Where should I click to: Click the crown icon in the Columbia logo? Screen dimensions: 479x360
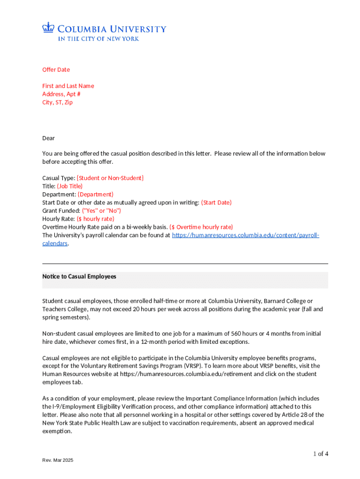point(49,28)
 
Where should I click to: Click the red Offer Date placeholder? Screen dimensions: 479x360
point(56,70)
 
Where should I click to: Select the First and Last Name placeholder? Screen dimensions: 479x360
point(68,86)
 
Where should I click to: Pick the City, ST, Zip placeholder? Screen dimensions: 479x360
point(58,102)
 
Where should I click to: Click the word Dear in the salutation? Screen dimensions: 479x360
point(49,138)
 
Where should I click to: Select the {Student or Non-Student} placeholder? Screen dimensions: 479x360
point(110,178)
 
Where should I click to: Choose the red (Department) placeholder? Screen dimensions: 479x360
point(95,194)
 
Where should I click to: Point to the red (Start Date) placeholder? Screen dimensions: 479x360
point(216,203)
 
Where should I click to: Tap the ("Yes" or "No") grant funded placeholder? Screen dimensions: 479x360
point(101,210)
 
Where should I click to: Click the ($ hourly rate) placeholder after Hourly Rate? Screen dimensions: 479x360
point(95,218)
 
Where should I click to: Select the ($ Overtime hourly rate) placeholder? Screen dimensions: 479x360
point(201,227)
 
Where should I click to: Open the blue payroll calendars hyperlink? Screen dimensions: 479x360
point(245,235)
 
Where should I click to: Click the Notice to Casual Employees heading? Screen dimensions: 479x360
point(79,276)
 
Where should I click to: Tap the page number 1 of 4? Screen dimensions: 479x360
point(321,453)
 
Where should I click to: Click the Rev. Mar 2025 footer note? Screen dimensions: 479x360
point(58,461)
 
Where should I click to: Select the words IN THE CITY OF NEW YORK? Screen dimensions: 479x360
point(98,39)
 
